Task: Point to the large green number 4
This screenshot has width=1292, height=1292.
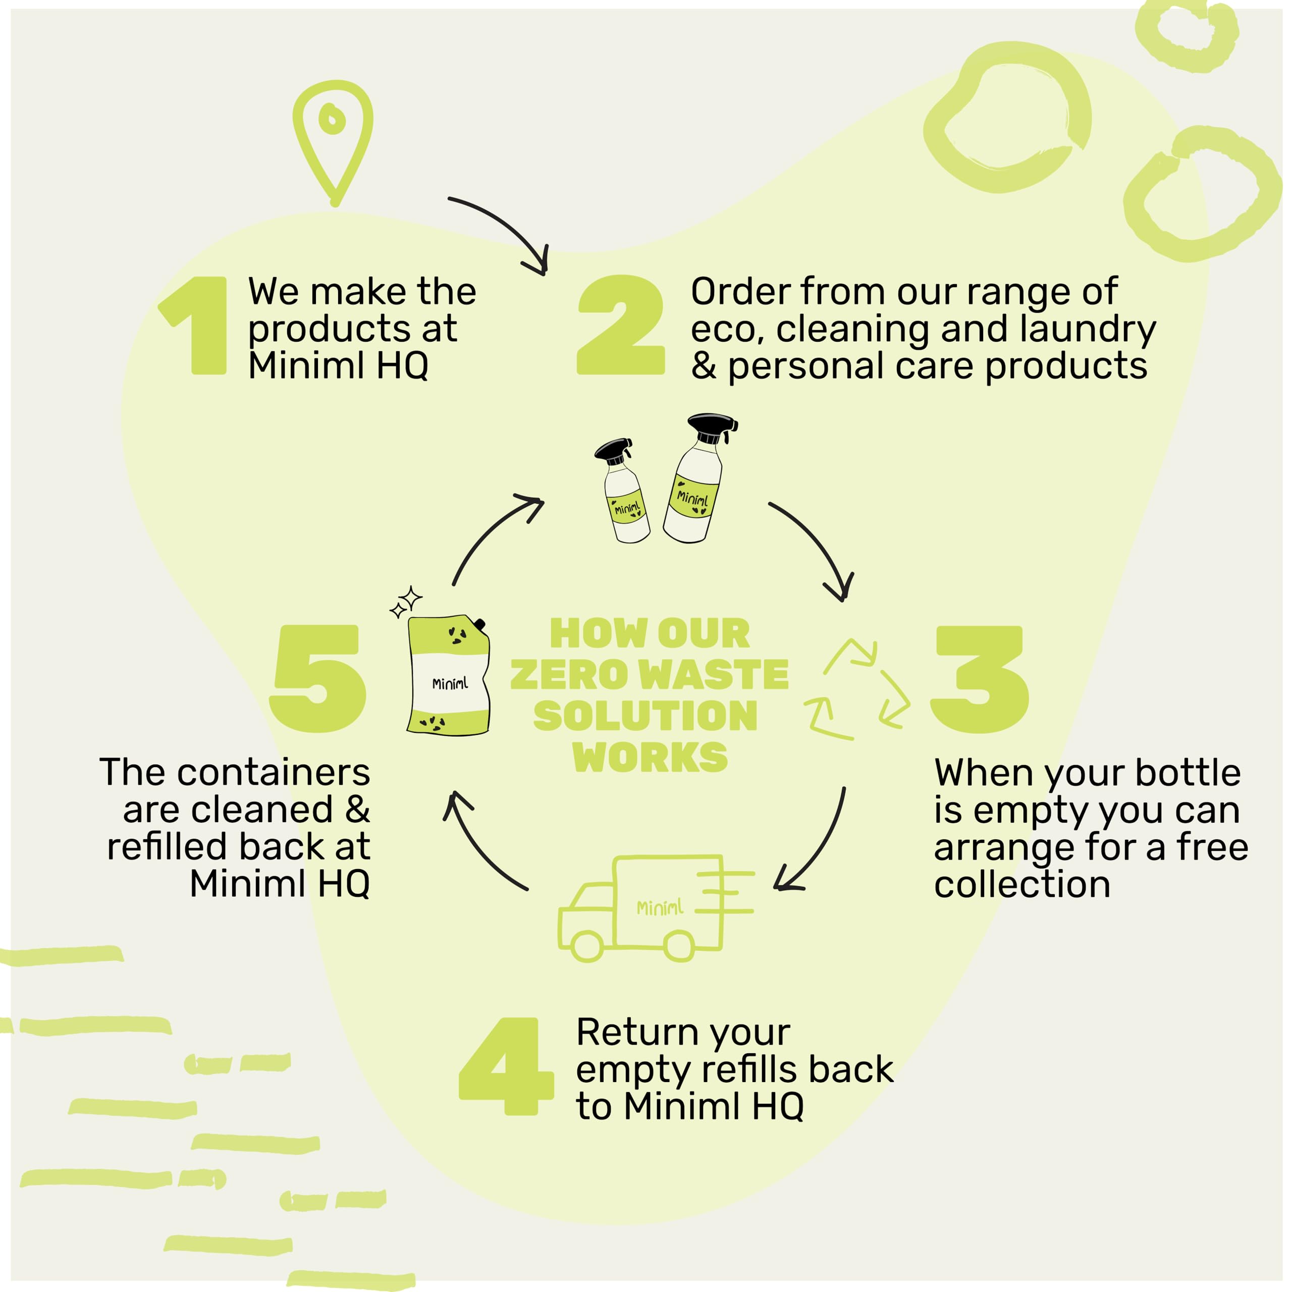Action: (x=506, y=1066)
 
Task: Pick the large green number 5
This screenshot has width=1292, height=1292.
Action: (x=319, y=678)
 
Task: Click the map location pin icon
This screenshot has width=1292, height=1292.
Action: (x=333, y=137)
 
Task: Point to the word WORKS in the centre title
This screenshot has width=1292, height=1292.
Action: (x=650, y=758)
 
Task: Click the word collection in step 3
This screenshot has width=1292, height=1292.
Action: (x=1022, y=885)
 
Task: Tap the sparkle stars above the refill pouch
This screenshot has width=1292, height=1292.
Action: (x=406, y=602)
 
